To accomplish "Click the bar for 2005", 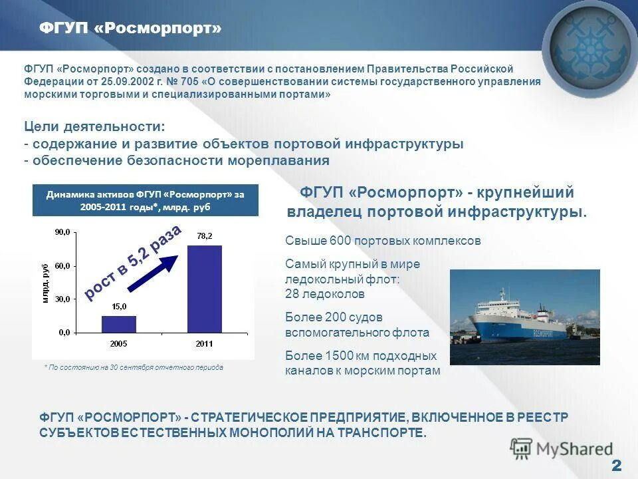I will pyautogui.click(x=119, y=324).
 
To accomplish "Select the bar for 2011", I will pyautogui.click(x=205, y=289).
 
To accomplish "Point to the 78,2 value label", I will pyautogui.click(x=205, y=236).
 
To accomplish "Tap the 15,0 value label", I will pyautogui.click(x=119, y=307).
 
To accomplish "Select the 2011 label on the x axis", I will pyautogui.click(x=205, y=343).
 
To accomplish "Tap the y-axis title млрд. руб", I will pyautogui.click(x=46, y=283).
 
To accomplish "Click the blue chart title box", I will pyautogui.click(x=146, y=200).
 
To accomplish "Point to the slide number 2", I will pyautogui.click(x=616, y=465).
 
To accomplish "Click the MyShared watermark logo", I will pyautogui.click(x=562, y=449).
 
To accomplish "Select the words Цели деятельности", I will pyautogui.click(x=94, y=126).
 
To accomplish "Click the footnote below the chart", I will pyautogui.click(x=134, y=367).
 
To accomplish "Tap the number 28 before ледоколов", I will pyautogui.click(x=292, y=294).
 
